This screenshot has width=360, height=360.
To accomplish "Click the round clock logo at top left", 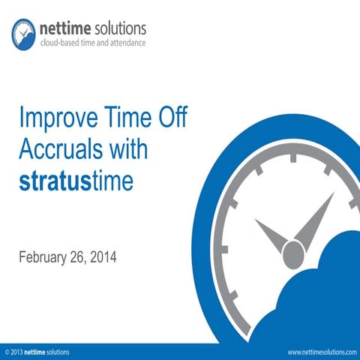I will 23,31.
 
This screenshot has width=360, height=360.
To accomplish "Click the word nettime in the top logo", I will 64,28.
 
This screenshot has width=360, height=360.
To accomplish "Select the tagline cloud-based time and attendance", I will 93,43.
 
